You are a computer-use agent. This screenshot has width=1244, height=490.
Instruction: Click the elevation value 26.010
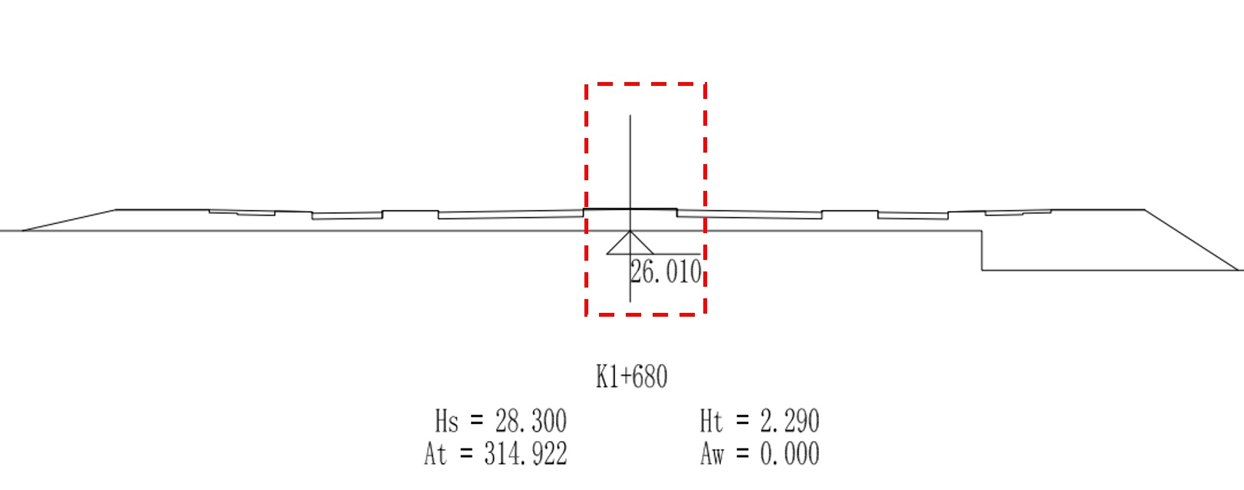coord(666,272)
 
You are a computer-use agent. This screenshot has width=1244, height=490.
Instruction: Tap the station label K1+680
coord(631,377)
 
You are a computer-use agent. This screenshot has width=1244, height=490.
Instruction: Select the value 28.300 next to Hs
coord(531,421)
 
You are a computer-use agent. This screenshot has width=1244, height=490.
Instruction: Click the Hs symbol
coord(446,421)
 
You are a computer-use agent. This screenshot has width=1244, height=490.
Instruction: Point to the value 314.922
coord(525,454)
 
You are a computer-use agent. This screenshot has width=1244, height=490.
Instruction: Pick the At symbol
coord(436,454)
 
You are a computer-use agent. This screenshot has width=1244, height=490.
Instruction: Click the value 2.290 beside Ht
coord(790,421)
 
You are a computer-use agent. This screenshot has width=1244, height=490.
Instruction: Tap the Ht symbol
coord(712,421)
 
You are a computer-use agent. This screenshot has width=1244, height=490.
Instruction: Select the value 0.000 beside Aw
coord(790,454)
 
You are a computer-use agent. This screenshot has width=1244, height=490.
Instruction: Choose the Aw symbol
coord(713,454)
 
